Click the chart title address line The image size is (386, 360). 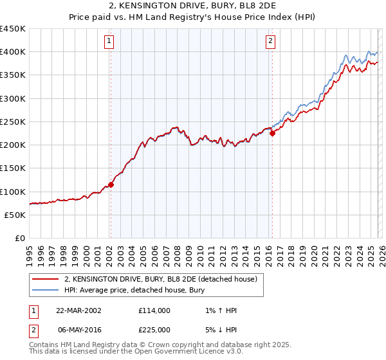click(193, 5)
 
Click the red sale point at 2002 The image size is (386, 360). click(111, 184)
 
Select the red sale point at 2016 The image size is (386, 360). click(272, 133)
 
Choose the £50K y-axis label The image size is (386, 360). click(15, 215)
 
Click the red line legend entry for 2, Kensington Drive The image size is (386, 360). click(161, 280)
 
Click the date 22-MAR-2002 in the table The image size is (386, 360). click(78, 310)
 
